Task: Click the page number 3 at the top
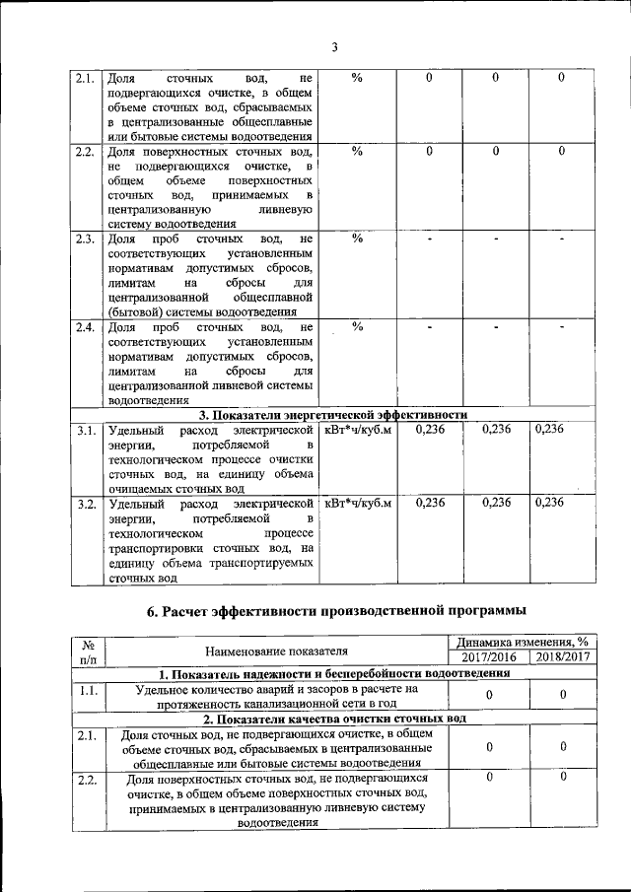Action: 334,47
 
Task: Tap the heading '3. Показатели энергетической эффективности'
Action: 333,414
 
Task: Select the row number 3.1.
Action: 85,430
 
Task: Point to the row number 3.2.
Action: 85,503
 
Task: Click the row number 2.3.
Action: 85,239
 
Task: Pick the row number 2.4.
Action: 85,327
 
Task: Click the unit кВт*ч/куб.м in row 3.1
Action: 358,430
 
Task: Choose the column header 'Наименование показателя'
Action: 276,651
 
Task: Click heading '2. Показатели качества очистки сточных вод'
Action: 334,720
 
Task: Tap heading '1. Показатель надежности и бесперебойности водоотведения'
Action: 334,674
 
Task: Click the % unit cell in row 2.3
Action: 358,239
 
